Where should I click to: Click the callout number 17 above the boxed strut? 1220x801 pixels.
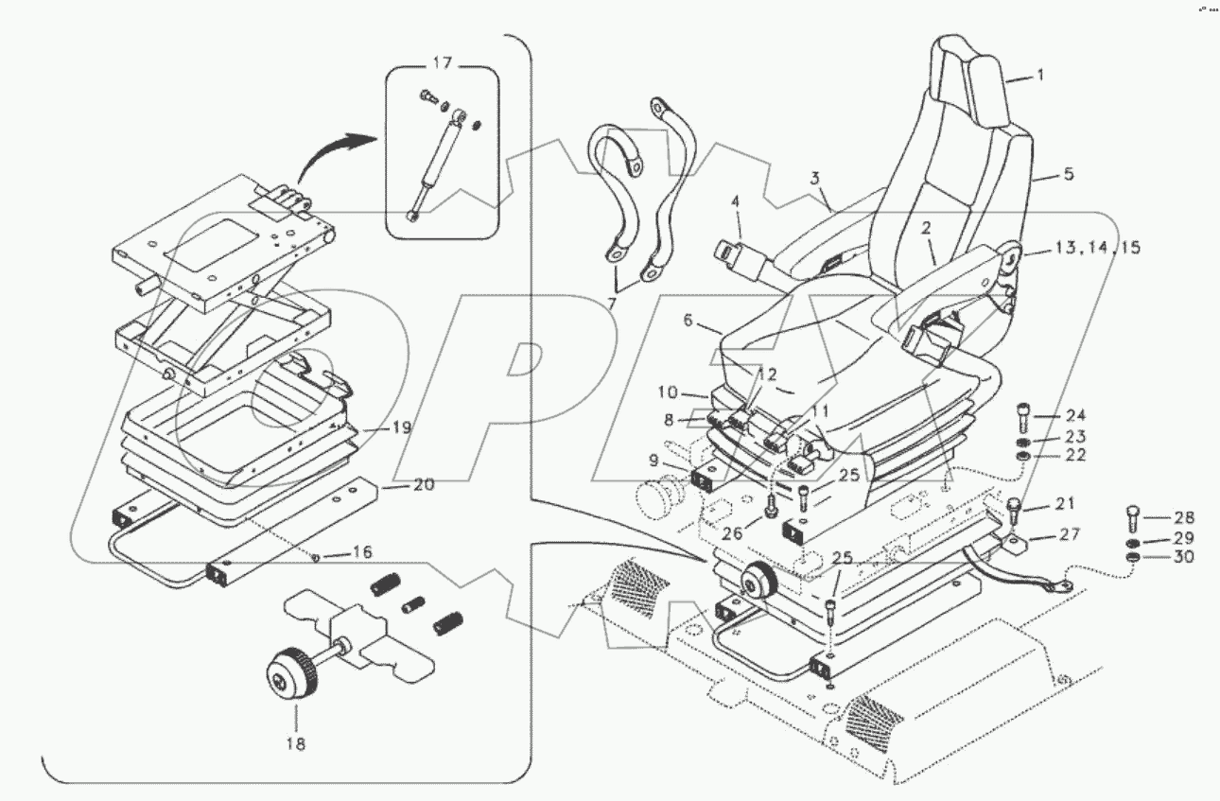(443, 63)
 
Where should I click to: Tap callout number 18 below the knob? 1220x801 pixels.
(296, 744)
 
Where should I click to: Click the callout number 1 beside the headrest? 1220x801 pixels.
(1040, 75)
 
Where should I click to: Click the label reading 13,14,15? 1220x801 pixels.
(1097, 248)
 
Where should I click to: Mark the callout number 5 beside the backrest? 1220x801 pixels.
(1069, 174)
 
